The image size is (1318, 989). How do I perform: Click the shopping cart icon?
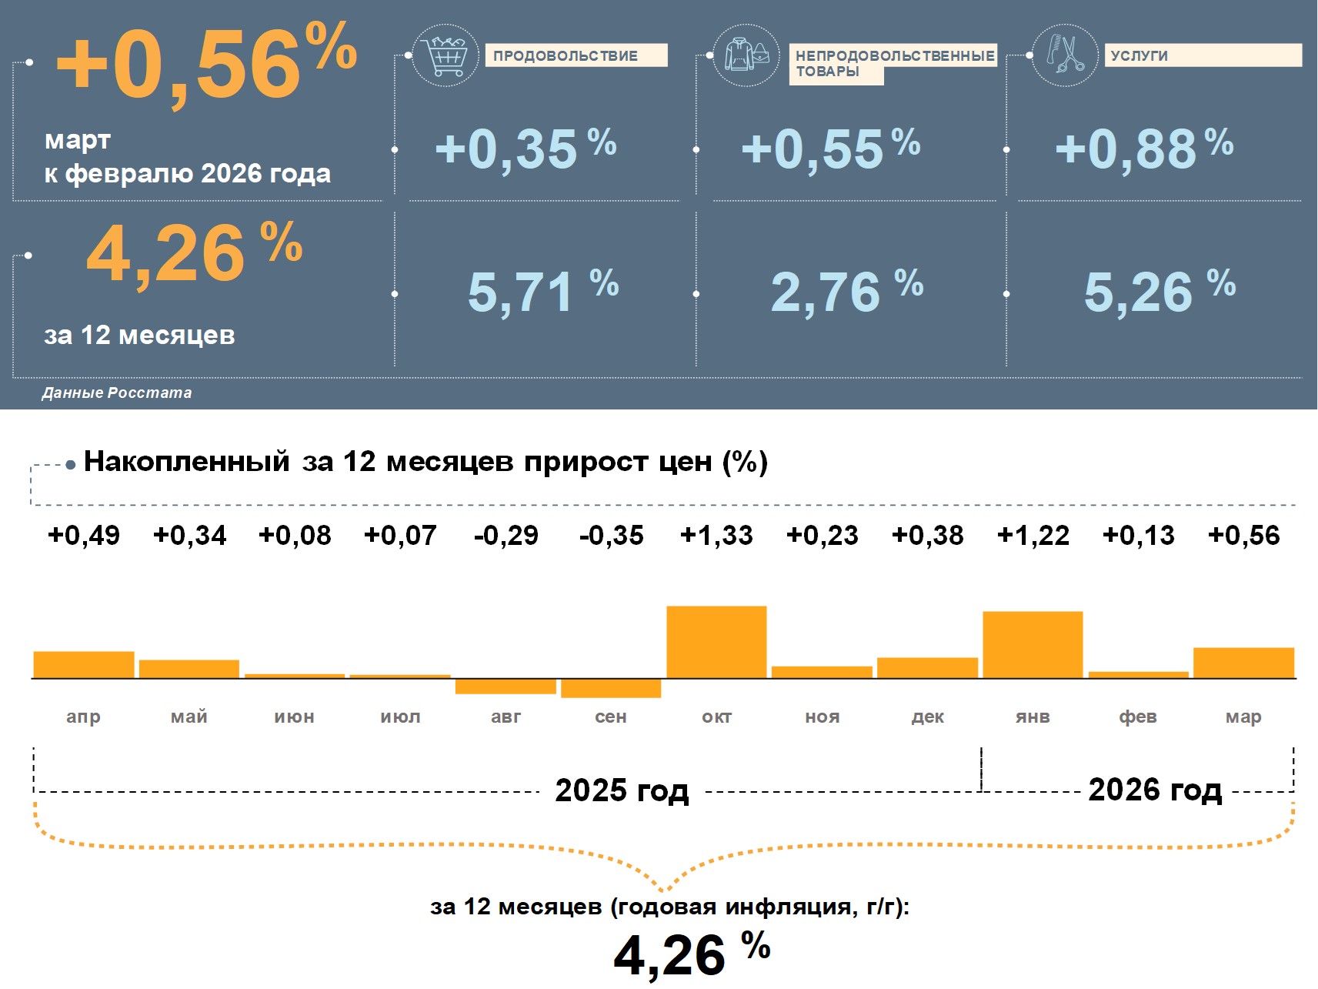point(445,55)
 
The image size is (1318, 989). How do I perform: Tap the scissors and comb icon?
point(1064,55)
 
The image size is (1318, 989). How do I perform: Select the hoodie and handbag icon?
point(746,55)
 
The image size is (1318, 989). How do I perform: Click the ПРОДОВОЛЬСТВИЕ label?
point(566,55)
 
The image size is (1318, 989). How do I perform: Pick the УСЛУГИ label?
point(1139,55)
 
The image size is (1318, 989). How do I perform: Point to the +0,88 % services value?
point(1143,148)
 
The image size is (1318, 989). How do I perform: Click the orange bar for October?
point(716,642)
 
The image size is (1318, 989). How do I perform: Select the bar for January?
point(1033,645)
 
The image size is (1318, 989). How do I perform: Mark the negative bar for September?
point(611,688)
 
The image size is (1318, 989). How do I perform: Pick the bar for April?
point(84,665)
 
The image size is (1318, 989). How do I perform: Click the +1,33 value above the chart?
point(716,536)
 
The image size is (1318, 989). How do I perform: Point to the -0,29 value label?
point(506,536)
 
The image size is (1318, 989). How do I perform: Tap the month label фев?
point(1138,717)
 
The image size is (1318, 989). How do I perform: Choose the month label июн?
point(294,717)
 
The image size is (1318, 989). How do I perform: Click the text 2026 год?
point(1155,790)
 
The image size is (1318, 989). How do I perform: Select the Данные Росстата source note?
point(117,393)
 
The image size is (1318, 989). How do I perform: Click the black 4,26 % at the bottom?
point(691,953)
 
